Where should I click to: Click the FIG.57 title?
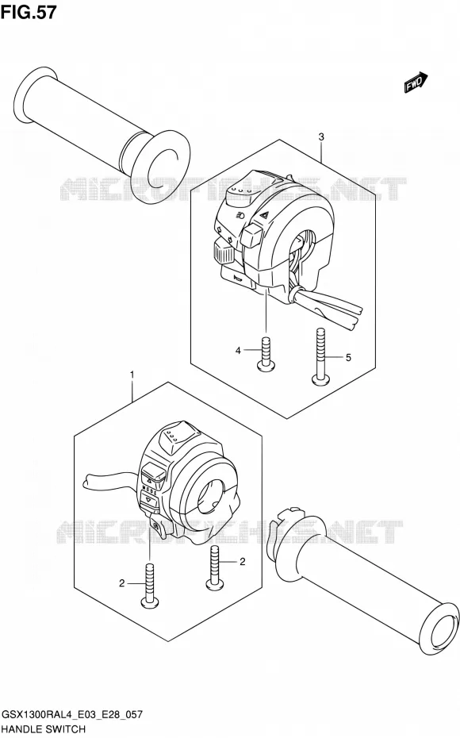point(29,12)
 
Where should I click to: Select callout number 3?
point(321,137)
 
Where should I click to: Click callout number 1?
point(132,375)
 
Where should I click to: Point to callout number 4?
point(239,350)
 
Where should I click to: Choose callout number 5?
point(348,358)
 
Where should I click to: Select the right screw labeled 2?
point(214,568)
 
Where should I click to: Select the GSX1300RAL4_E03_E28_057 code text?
point(72,715)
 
